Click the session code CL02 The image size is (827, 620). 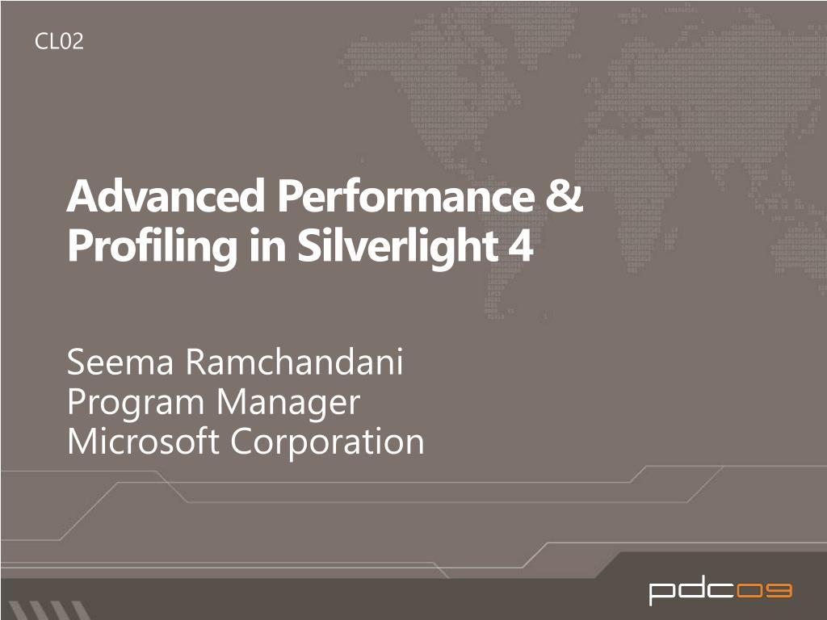pyautogui.click(x=59, y=41)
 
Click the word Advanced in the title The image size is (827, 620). pyautogui.click(x=166, y=195)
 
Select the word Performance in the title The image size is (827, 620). pyautogui.click(x=406, y=195)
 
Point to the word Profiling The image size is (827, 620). pyautogui.click(x=152, y=247)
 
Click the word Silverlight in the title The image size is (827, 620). pyautogui.click(x=397, y=245)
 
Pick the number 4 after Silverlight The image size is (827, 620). pyautogui.click(x=521, y=246)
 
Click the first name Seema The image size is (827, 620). pyautogui.click(x=120, y=362)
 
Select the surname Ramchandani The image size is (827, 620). pyautogui.click(x=295, y=361)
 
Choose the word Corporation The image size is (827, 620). pyautogui.click(x=328, y=442)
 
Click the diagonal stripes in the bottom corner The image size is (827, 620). pyautogui.click(x=48, y=610)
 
